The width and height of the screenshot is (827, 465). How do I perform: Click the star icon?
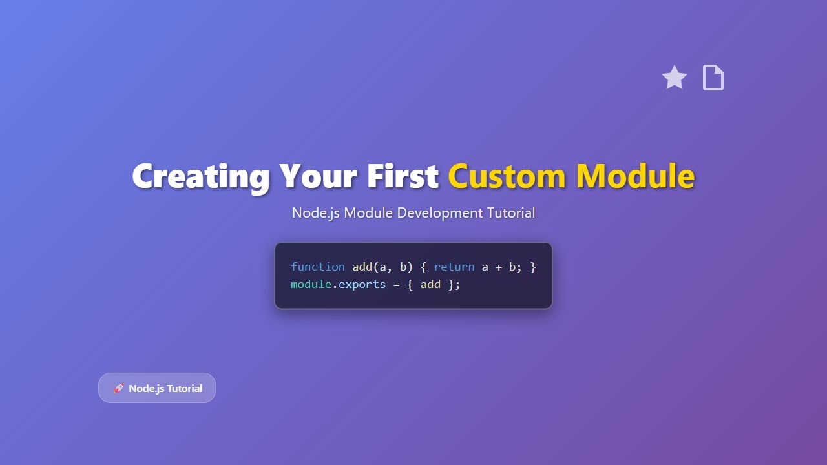click(675, 77)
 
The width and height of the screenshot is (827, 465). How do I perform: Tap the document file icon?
click(713, 77)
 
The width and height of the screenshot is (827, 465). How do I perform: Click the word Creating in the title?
click(201, 176)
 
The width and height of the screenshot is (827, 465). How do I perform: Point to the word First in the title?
click(403, 176)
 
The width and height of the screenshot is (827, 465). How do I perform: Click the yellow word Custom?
click(507, 176)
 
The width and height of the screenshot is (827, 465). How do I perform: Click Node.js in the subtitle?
click(316, 213)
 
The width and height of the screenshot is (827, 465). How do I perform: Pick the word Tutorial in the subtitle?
click(511, 213)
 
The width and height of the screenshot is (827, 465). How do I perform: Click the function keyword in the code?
click(318, 267)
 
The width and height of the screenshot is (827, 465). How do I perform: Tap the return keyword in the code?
click(454, 267)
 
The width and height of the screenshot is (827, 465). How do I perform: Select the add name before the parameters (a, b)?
click(362, 267)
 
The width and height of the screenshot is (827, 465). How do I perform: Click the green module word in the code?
click(311, 284)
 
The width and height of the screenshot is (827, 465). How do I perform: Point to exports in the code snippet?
click(362, 285)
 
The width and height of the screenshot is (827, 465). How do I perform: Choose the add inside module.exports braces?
click(430, 284)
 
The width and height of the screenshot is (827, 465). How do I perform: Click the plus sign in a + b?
click(499, 267)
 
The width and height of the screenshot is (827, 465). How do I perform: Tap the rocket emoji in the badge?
click(119, 388)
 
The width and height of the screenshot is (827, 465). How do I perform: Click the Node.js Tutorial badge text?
click(165, 388)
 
